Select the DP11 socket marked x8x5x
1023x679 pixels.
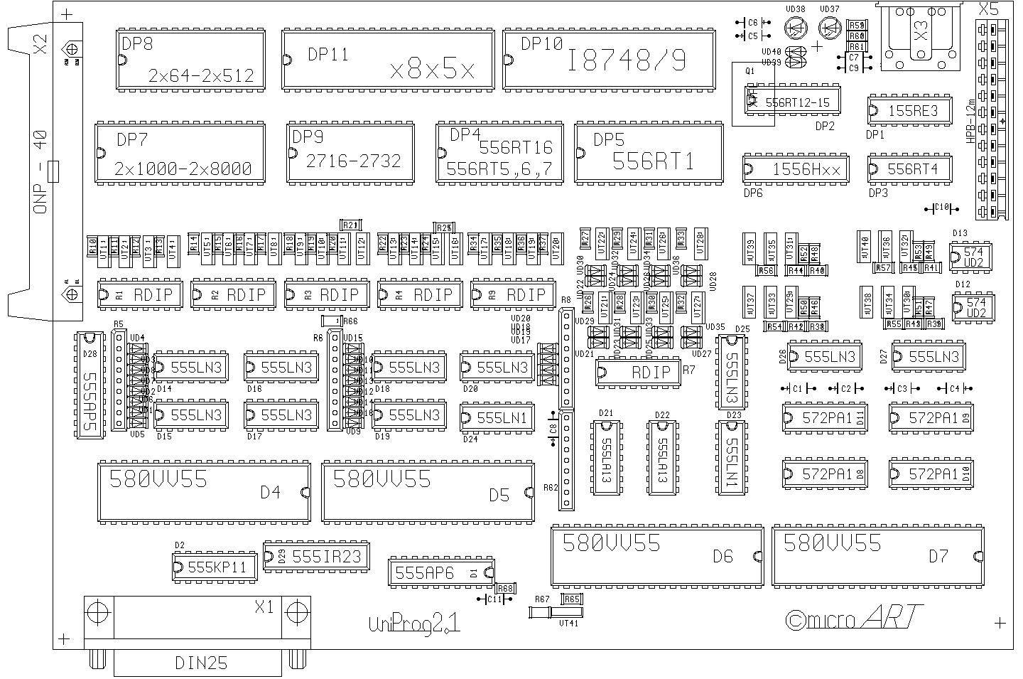[x=388, y=60]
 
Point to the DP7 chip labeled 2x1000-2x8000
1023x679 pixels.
[x=180, y=152]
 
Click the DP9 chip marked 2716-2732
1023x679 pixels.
[x=351, y=151]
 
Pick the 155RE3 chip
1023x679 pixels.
[x=910, y=110]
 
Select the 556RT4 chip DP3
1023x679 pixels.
[x=910, y=169]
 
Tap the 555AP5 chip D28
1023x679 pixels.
[x=90, y=385]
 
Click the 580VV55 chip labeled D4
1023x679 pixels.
[x=204, y=491]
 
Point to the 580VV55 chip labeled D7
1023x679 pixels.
[x=878, y=556]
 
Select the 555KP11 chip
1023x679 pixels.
[x=215, y=567]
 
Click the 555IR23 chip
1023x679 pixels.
[x=316, y=556]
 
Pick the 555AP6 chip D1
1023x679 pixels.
[x=441, y=572]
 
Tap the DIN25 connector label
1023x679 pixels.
[x=201, y=663]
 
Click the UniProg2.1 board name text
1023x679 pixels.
[x=414, y=624]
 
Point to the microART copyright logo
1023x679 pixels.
[x=855, y=619]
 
